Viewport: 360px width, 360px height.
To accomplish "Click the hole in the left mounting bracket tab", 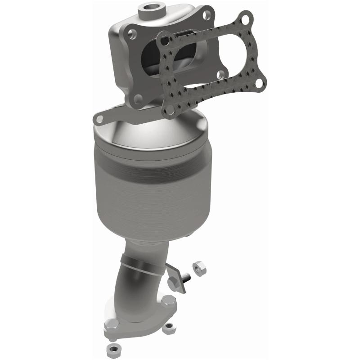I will click(99, 119).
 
